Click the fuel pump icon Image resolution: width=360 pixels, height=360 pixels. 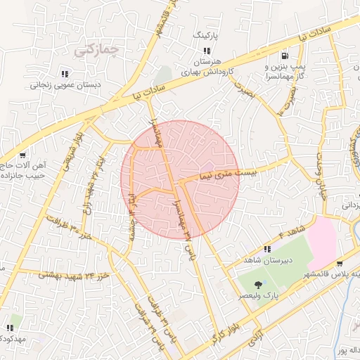tap(284, 56)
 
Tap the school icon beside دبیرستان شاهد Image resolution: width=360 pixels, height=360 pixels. tap(267, 249)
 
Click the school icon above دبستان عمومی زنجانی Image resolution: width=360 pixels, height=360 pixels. tap(65, 72)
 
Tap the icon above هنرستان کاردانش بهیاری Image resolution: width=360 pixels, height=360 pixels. tap(207, 51)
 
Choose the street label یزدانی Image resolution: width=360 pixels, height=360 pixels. tap(349, 205)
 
